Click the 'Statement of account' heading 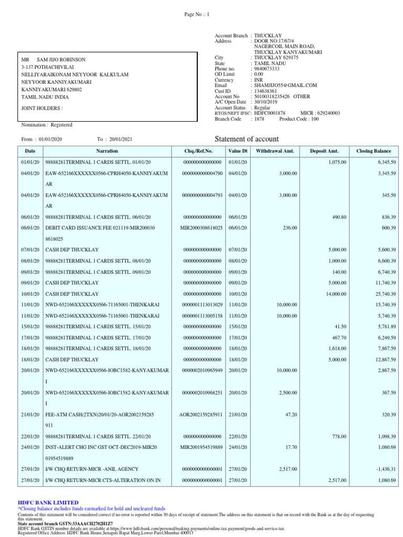click(247, 139)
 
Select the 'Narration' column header click(107, 151)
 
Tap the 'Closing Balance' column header click(374, 151)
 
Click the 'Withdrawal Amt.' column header click(275, 151)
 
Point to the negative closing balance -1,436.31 click(385, 469)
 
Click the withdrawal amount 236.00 click(289, 228)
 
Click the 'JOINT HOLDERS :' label click(41, 108)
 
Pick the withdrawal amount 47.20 click(290, 414)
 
